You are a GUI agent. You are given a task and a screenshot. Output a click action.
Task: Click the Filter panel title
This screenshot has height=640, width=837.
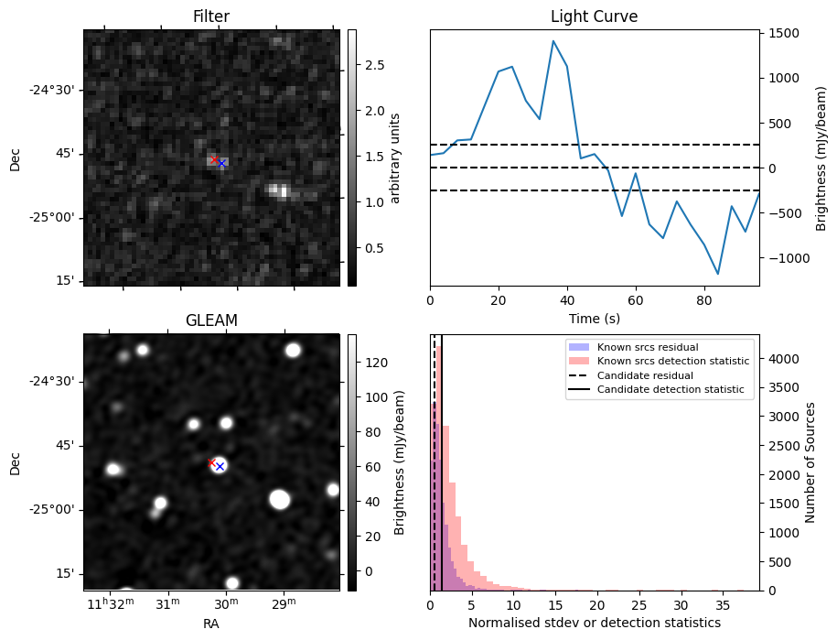click(x=211, y=16)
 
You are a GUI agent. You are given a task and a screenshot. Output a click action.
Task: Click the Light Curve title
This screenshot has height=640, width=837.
click(x=594, y=16)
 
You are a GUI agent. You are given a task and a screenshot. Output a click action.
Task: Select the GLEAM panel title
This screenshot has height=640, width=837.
click(x=211, y=320)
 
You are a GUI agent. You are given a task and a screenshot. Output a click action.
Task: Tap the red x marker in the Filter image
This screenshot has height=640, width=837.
click(x=214, y=159)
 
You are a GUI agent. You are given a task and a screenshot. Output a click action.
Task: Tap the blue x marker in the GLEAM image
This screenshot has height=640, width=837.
click(x=220, y=466)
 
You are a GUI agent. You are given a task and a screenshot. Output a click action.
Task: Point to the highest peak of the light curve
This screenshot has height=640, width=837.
click(x=553, y=40)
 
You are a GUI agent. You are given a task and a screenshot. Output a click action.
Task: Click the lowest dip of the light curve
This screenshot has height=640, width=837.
click(x=718, y=274)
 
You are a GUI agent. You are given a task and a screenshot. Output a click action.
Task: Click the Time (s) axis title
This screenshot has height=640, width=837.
click(x=594, y=318)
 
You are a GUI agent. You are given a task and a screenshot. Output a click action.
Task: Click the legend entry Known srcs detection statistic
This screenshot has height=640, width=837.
click(x=672, y=362)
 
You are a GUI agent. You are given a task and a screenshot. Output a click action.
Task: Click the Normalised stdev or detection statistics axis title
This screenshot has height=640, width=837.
click(x=594, y=623)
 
